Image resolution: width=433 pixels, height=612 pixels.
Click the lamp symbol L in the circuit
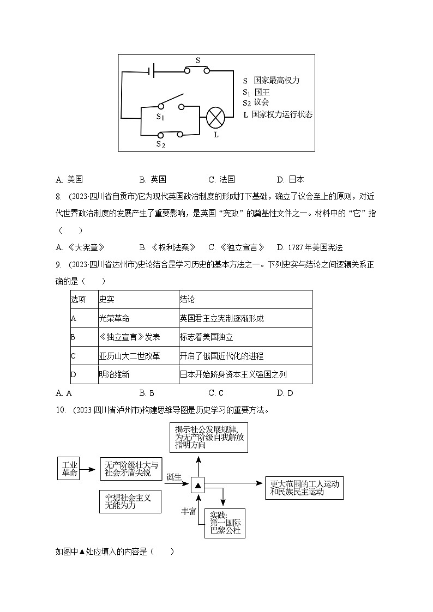216,117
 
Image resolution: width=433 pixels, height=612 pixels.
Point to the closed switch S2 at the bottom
170,134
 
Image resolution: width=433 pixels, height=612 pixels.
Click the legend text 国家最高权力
276,80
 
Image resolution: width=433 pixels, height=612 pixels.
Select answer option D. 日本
291,179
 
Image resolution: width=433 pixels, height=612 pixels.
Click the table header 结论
187,300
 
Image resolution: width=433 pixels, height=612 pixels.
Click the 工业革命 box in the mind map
70,469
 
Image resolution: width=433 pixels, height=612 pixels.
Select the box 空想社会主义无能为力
130,501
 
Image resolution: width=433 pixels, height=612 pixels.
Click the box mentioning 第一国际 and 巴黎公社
225,523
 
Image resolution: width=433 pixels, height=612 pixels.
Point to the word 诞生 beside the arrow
174,476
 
